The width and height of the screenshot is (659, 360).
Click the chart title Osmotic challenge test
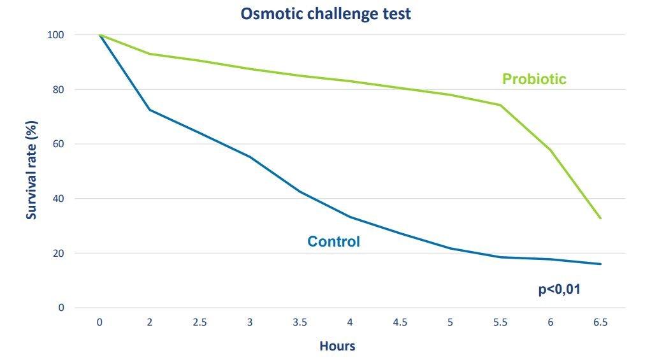point(326,14)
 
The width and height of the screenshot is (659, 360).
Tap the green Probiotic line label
point(534,79)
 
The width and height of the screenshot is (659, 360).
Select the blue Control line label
point(333,241)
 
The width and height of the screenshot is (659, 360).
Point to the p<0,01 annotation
point(560,289)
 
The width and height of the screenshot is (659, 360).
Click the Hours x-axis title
point(337,347)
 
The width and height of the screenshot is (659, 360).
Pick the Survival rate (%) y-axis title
point(31,171)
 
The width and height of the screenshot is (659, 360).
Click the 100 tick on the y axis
point(56,35)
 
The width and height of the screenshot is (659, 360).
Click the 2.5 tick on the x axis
point(199,322)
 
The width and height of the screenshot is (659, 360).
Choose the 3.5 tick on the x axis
point(300,322)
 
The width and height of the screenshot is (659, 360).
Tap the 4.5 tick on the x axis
point(400,322)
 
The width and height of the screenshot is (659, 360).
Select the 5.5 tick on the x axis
point(500,322)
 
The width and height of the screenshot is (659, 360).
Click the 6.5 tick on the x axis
point(600,322)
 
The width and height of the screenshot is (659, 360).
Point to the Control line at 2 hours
point(150,110)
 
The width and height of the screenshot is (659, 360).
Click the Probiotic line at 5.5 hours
point(500,104)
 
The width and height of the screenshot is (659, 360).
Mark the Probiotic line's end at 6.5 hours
point(600,218)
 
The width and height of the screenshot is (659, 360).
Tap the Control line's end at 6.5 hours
point(600,264)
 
